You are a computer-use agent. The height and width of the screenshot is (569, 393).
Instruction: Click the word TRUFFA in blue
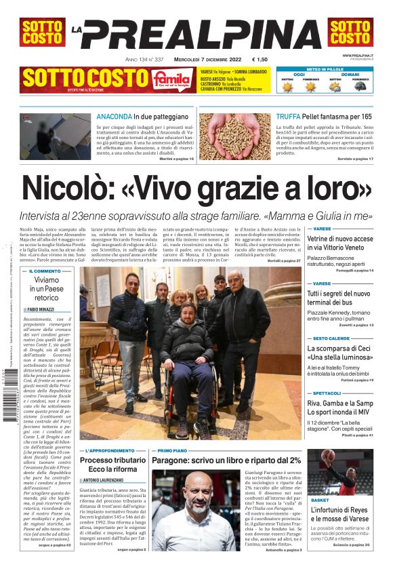point(289,117)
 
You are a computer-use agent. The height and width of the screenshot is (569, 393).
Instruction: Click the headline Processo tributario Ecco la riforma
point(112,465)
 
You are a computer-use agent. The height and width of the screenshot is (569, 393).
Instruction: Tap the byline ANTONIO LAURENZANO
point(110,479)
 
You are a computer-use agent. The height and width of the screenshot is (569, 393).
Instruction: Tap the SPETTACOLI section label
point(327,393)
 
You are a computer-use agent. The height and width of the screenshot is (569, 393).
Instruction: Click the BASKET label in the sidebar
point(320,500)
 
